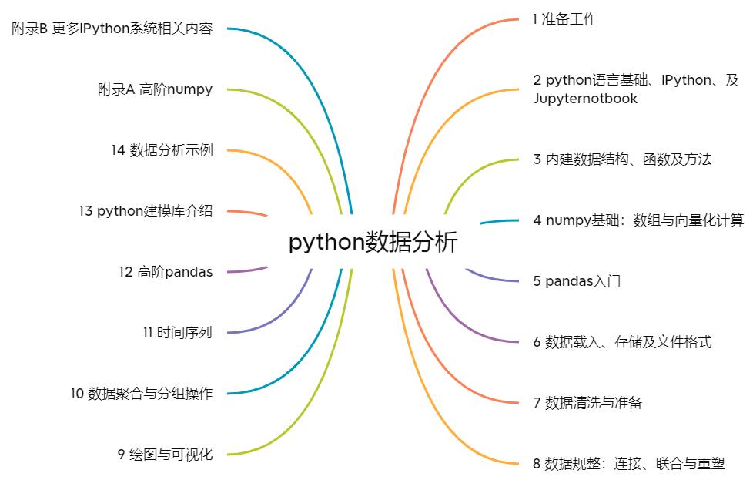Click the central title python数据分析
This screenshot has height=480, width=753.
[x=373, y=242]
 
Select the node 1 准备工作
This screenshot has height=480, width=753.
[x=564, y=19]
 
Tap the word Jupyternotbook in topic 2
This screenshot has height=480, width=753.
[x=585, y=99]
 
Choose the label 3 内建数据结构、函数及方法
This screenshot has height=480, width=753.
[x=622, y=159]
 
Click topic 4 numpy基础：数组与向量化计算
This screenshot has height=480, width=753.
[x=638, y=220]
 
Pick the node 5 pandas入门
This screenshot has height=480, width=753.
[x=577, y=281]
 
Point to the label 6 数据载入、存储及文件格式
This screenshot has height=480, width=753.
[x=622, y=342]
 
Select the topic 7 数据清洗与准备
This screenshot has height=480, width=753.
[x=587, y=402]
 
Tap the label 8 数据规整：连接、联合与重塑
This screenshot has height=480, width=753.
[x=628, y=464]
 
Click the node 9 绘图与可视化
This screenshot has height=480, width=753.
[x=165, y=455]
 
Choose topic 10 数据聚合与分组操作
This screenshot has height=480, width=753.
[x=142, y=394]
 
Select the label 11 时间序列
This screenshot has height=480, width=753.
[x=177, y=333]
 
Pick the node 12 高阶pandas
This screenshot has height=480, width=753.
[x=166, y=271]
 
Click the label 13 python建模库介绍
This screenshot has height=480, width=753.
[x=146, y=211]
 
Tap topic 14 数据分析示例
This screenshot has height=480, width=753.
[x=162, y=150]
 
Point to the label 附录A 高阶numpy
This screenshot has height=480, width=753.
[x=155, y=89]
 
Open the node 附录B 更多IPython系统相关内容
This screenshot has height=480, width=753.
[x=112, y=29]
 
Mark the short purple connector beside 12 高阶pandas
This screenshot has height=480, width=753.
[x=247, y=270]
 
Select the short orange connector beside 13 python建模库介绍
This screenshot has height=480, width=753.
[x=247, y=213]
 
